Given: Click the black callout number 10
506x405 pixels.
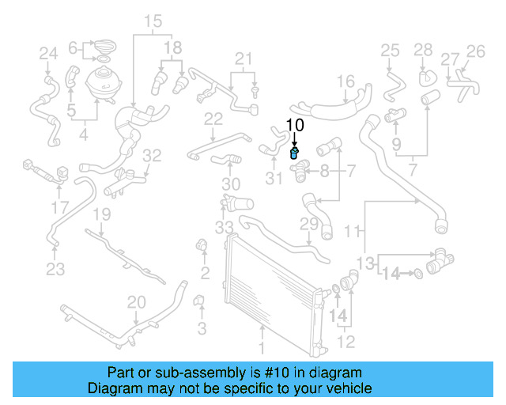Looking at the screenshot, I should pos(294,124).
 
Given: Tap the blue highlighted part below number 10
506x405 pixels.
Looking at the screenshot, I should pos(294,153).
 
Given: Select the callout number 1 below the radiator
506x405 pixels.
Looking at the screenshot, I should pos(264,346).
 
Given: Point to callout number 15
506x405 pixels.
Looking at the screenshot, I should pos(153,21).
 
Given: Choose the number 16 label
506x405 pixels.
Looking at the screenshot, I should pos(346,81).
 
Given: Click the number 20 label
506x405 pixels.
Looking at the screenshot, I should pos(136,301).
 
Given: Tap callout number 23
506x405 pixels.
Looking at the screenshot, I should pos(55,270).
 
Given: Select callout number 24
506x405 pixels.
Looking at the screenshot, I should pos(49,54).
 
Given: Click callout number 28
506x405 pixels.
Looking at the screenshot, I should pos(423,50).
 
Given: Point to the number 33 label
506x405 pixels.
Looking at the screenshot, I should pos(225,228).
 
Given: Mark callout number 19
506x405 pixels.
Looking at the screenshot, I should pos(102,215).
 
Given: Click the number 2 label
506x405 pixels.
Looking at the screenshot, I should pos(205,274).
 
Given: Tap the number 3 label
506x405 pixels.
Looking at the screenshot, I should pos(202,327).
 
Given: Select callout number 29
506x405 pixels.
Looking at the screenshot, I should pos(308,225).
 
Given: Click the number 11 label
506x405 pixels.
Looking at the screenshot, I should pos(357,231).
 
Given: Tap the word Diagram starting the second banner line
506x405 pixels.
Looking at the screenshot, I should pos(113,388).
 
